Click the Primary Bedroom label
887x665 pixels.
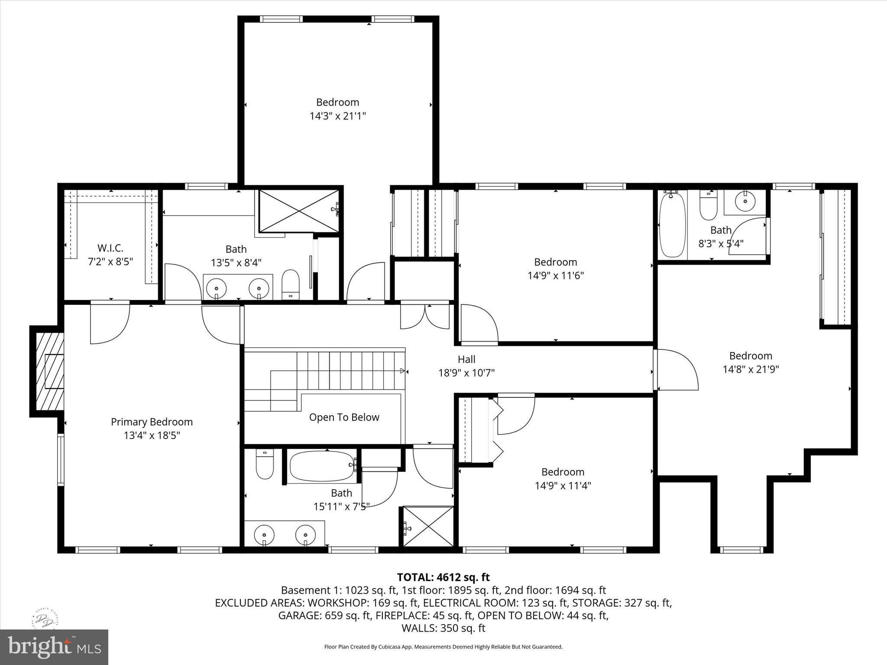tap(152, 422)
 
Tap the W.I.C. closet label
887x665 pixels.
tap(110, 248)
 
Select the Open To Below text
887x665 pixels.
tap(344, 417)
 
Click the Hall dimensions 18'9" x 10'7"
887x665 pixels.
tap(466, 373)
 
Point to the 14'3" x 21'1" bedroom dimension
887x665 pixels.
tap(337, 116)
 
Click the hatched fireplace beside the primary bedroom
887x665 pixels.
tap(49, 371)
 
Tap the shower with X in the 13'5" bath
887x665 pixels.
tap(299, 211)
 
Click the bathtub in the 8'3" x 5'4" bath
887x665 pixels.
tap(672, 225)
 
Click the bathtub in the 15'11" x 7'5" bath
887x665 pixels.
tap(322, 466)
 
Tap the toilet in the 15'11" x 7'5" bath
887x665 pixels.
tap(265, 464)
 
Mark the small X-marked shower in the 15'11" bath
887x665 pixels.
tap(428, 526)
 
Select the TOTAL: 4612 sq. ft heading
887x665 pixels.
tap(443, 577)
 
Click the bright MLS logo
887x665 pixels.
tap(54, 647)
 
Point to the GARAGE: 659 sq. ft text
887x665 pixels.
tap(324, 616)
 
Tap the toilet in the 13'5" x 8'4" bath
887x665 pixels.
tap(291, 284)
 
